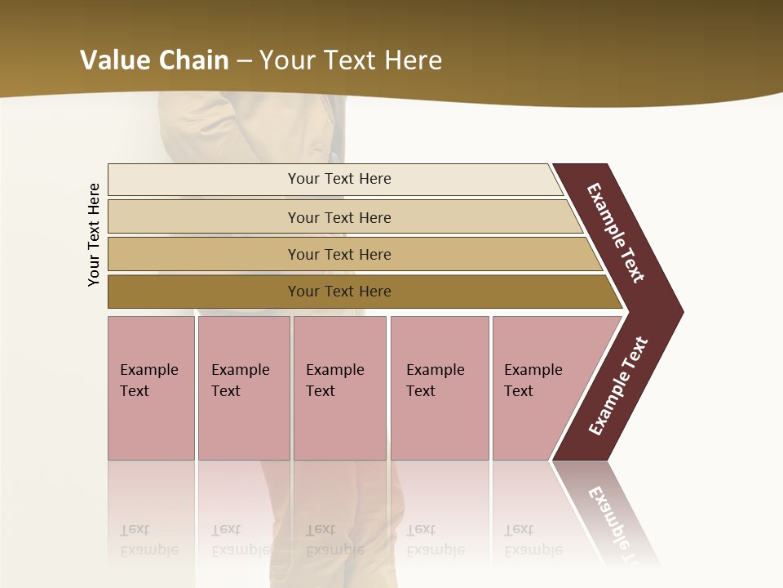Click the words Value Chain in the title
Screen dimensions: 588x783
click(x=153, y=60)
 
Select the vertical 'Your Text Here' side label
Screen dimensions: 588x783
click(x=94, y=234)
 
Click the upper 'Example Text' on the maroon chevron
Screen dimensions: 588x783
click(x=616, y=233)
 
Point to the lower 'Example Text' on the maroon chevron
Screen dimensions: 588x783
click(x=618, y=386)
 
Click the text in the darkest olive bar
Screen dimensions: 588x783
click(x=339, y=292)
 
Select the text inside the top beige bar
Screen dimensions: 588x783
click(x=339, y=179)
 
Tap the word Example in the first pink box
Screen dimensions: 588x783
click(x=148, y=370)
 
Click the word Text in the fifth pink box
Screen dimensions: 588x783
click(x=519, y=391)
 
